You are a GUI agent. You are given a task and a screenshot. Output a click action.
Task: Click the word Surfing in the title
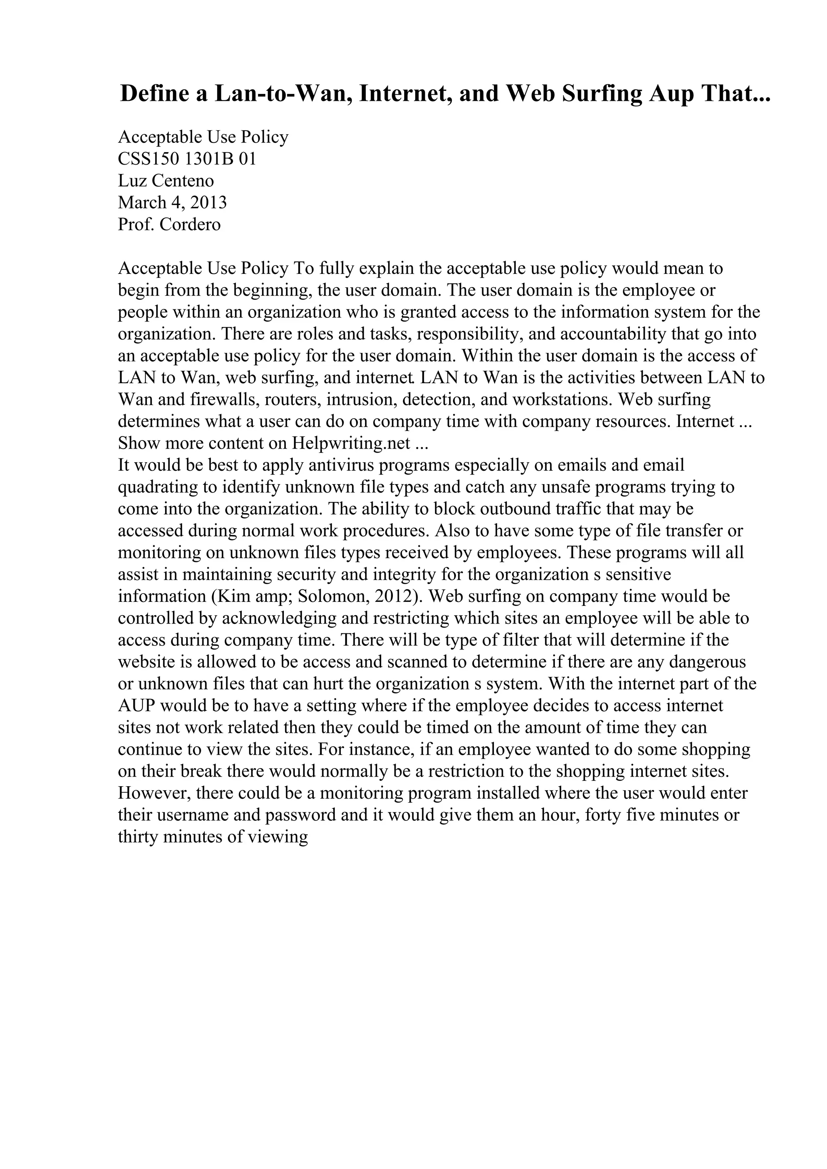pyautogui.click(x=602, y=94)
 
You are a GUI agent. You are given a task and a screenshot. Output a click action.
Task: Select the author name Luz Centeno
pyautogui.click(x=166, y=181)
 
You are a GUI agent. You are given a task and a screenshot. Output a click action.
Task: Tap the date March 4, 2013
pyautogui.click(x=172, y=202)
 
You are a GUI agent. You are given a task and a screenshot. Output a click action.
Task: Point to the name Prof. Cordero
pyautogui.click(x=169, y=225)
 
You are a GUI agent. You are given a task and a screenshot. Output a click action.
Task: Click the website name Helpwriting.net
pyautogui.click(x=351, y=443)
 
